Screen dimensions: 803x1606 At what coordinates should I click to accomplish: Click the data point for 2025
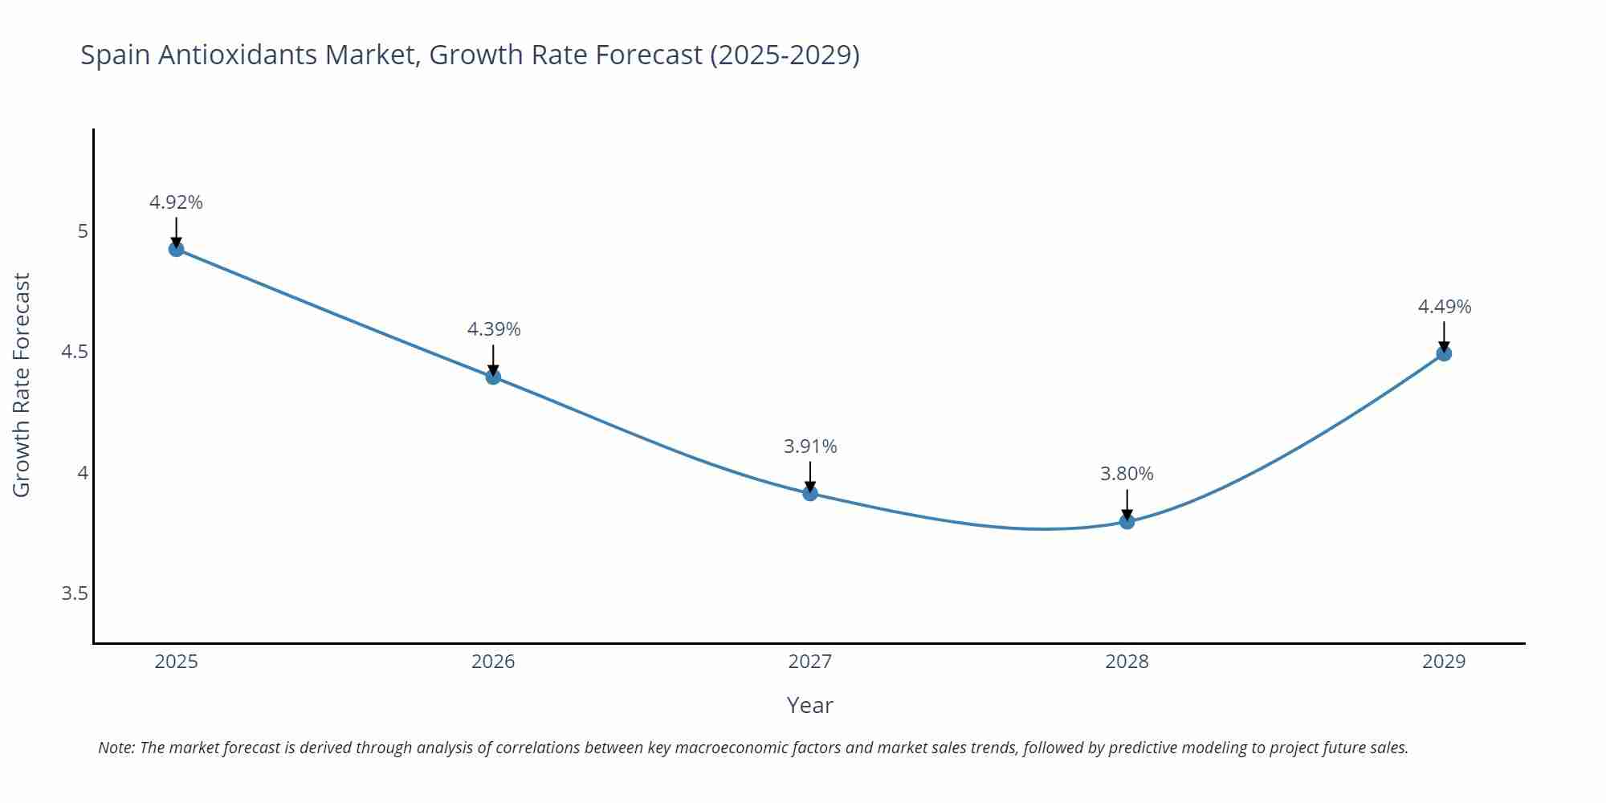point(176,249)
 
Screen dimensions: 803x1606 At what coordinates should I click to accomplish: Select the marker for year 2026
point(493,377)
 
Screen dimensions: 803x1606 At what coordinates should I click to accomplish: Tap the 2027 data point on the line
point(810,493)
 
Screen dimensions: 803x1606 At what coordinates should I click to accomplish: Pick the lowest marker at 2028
point(1127,521)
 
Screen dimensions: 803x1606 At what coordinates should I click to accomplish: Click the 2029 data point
point(1444,353)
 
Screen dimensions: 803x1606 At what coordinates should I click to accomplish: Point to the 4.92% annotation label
point(176,202)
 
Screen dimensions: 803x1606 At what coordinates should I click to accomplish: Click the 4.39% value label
point(494,329)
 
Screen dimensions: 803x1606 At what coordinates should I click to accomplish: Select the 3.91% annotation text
point(810,446)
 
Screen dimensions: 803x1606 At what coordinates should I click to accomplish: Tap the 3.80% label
point(1127,474)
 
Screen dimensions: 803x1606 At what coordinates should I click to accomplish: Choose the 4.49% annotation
point(1444,307)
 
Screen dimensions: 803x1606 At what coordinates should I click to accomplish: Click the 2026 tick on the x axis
point(493,662)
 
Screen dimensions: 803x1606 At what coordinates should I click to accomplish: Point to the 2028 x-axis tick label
point(1127,662)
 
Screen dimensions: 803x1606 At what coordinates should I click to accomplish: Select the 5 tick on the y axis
point(82,231)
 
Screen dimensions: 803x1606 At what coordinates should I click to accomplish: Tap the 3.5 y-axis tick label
point(75,593)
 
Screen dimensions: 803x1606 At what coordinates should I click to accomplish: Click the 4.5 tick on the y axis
point(75,352)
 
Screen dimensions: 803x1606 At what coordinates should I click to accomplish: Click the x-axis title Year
point(809,705)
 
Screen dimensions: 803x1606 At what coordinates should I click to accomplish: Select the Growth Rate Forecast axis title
point(22,385)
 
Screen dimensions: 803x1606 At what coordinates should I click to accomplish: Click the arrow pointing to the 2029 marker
point(1444,336)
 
